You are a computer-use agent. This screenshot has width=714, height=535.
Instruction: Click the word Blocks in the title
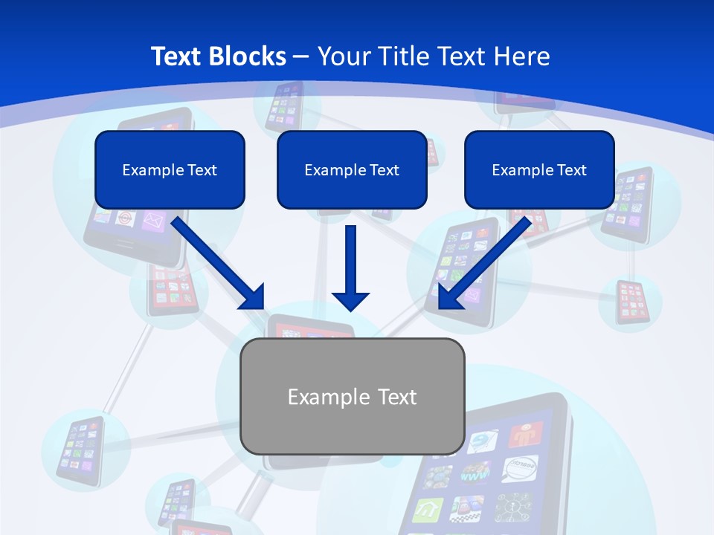(x=248, y=56)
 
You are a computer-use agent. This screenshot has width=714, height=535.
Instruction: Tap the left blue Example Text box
(x=170, y=169)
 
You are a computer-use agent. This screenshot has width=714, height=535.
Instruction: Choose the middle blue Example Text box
(x=352, y=169)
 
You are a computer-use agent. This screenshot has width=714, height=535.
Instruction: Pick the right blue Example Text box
(x=539, y=169)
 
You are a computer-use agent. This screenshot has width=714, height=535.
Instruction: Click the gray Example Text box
(x=353, y=396)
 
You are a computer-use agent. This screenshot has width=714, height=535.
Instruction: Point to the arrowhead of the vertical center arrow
(x=350, y=300)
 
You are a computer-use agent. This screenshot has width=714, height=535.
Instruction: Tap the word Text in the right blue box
(x=572, y=170)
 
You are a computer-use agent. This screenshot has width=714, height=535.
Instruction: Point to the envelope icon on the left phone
(x=152, y=221)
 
